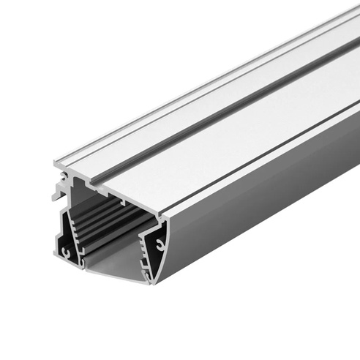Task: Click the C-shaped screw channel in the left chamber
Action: pos(67,251)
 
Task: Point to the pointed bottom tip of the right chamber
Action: pos(152,282)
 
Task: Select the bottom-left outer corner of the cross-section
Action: pos(57,258)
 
